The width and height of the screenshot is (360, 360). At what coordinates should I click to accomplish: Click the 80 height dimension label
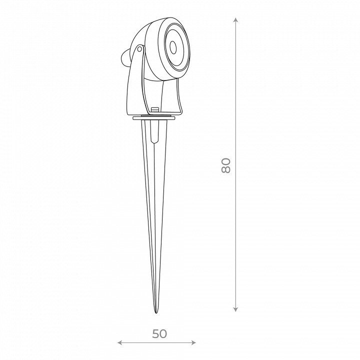[x=226, y=165]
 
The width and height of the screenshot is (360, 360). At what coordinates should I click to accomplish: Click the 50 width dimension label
[x=159, y=334]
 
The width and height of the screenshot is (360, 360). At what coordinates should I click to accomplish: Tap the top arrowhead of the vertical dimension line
[x=235, y=19]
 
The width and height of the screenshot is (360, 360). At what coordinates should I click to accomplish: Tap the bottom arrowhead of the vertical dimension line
[x=235, y=309]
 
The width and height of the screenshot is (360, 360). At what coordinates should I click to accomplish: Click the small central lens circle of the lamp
[x=173, y=47]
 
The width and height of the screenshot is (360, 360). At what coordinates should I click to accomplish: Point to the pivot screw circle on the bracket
[x=139, y=49]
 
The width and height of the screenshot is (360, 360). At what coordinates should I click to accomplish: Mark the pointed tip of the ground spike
[x=156, y=312]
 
